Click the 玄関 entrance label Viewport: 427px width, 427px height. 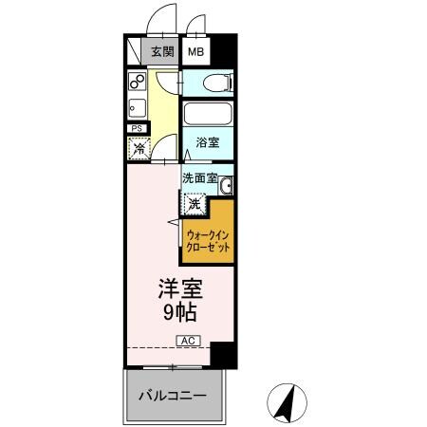(x=161, y=52)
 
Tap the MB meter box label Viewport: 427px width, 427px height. (x=195, y=52)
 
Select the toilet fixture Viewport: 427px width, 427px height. (x=224, y=83)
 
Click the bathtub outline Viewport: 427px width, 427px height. (x=208, y=119)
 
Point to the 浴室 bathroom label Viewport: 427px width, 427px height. (x=208, y=143)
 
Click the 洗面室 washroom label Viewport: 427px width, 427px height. (x=199, y=177)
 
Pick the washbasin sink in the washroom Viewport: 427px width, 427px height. (x=226, y=184)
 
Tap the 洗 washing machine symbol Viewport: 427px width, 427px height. (x=194, y=202)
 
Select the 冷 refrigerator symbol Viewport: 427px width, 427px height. (x=139, y=147)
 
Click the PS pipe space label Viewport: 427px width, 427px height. (x=137, y=128)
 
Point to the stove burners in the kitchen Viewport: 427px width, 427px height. (x=135, y=82)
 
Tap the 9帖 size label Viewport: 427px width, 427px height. (x=176, y=311)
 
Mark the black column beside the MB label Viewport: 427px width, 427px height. (x=220, y=48)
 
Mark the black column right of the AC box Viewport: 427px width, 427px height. (x=220, y=356)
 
